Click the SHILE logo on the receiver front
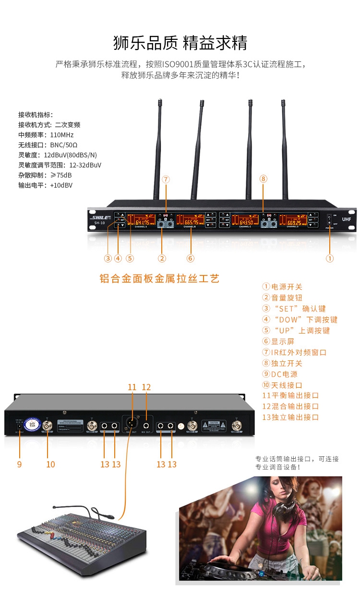99,217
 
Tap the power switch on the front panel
330,221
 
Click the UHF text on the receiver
347,219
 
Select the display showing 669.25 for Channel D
293,221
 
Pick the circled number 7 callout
166,179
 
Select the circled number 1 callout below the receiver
330,258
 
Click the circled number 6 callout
191,258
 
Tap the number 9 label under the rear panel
19,464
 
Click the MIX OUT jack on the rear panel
146,425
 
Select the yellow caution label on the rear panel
214,425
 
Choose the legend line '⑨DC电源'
280,374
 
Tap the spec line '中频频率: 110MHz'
46,135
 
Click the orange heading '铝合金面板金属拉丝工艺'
159,278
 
